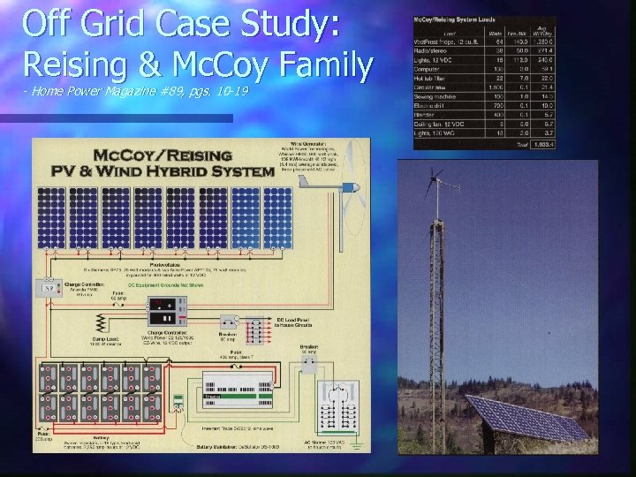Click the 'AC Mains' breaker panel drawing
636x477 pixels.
[330, 405]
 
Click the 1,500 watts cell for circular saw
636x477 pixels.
[497, 87]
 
